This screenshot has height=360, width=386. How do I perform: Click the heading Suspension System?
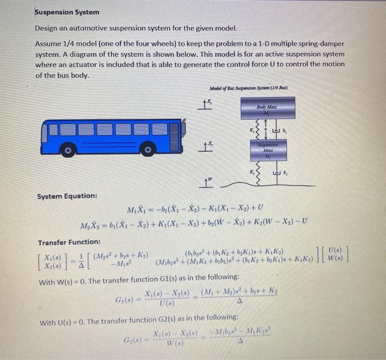[67, 12]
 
